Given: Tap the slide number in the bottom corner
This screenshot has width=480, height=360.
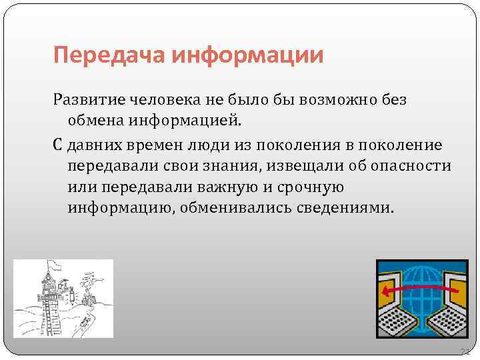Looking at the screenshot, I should coord(464,351).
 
